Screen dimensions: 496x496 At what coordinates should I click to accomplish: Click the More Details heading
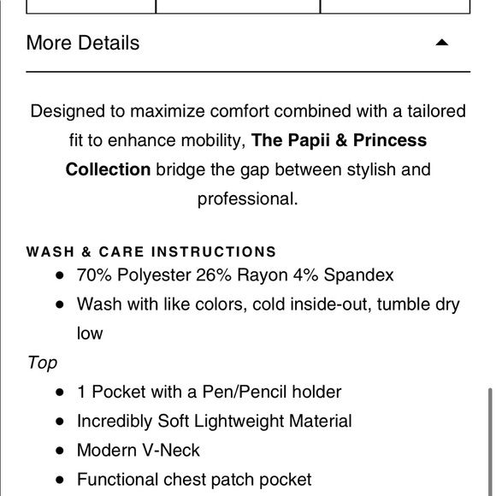click(83, 43)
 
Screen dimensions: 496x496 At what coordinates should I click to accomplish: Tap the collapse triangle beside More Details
click(441, 42)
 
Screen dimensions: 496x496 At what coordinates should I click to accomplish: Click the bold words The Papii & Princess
click(340, 140)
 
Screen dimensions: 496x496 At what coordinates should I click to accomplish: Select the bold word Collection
click(108, 169)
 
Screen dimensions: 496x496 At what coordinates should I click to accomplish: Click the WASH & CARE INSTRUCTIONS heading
click(151, 251)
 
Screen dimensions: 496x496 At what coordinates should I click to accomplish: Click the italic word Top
click(42, 363)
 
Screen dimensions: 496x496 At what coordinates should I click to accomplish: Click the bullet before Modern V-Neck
click(59, 451)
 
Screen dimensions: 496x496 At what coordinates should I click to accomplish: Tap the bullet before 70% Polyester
click(59, 276)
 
